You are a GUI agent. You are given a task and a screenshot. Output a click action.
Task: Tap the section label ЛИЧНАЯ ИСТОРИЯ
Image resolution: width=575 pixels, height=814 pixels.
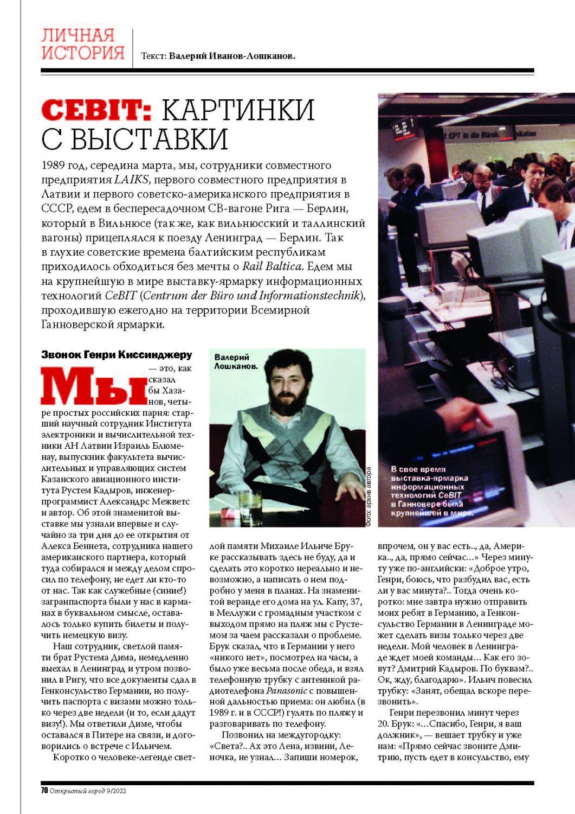point(82,44)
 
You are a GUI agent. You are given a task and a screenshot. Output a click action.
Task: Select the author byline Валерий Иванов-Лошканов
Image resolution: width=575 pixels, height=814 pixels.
point(231,56)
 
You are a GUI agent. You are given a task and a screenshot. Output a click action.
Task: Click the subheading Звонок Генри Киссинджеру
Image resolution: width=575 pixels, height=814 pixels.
point(117,355)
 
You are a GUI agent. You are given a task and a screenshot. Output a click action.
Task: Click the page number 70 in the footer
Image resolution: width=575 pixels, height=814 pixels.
point(44,790)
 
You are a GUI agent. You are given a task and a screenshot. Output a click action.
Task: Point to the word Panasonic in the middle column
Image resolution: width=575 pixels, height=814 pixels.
point(285,691)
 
